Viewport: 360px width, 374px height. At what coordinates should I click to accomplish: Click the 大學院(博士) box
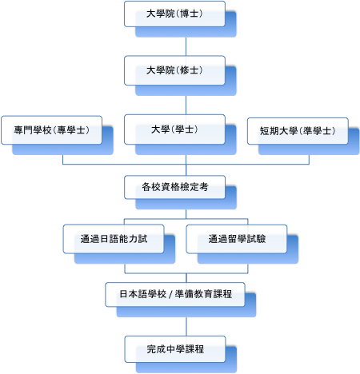tap(174, 14)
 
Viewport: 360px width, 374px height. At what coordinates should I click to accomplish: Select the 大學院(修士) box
tap(174, 70)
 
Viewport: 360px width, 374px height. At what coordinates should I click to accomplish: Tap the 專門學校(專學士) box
tap(51, 130)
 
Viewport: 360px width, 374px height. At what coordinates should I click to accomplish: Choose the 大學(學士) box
tap(174, 129)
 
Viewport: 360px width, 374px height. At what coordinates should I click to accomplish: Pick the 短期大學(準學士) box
tap(298, 131)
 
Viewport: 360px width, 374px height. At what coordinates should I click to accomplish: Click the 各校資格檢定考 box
tap(174, 187)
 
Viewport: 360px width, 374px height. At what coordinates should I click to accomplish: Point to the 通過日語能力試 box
tap(114, 239)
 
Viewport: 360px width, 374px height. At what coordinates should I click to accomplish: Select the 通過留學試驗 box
tap(237, 239)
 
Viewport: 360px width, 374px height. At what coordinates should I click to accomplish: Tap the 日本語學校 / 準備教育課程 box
tap(175, 294)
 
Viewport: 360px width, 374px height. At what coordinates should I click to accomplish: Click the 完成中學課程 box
tap(175, 349)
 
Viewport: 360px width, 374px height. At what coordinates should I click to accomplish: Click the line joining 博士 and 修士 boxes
tap(186, 46)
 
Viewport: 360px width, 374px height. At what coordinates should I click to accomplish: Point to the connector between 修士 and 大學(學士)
tap(186, 105)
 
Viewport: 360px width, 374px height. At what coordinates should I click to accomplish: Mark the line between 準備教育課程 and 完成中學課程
tap(186, 327)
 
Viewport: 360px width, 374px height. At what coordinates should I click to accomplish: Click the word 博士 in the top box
tap(189, 14)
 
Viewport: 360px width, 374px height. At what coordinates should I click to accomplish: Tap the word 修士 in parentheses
tap(189, 70)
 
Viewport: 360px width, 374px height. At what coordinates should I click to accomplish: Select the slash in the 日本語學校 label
tap(170, 294)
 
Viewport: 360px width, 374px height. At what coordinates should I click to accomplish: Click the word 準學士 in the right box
tap(317, 131)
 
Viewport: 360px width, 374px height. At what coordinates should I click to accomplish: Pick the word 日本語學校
tap(142, 294)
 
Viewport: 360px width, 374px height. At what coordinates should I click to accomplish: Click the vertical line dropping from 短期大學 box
tap(309, 160)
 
